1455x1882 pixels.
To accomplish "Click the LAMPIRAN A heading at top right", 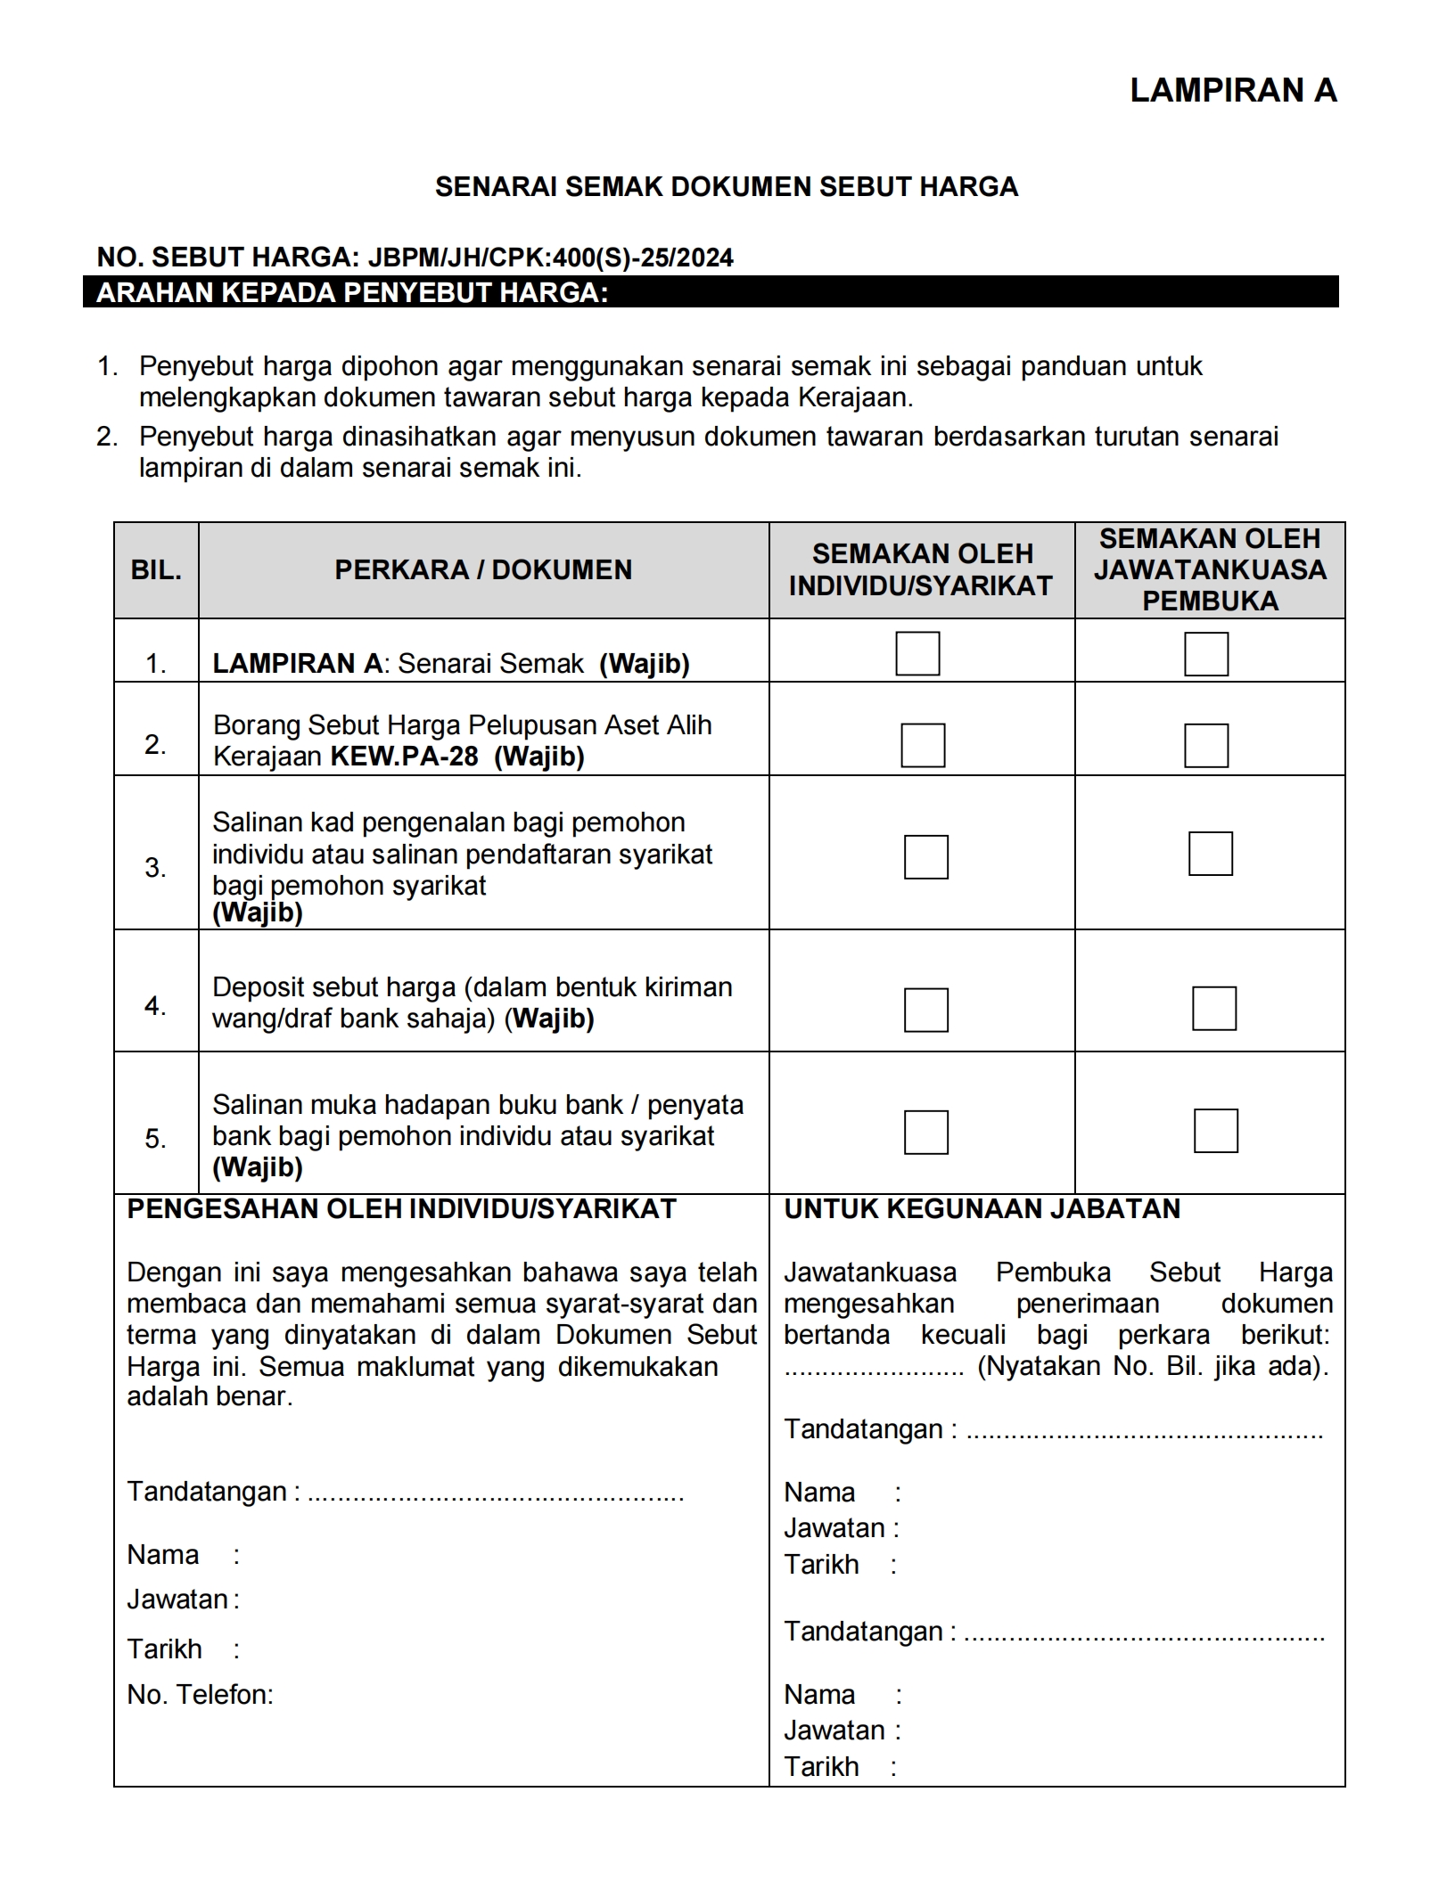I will tap(1233, 91).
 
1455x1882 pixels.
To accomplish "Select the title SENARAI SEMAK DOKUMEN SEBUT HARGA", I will tap(726, 187).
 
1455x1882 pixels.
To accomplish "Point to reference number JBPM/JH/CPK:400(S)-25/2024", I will tap(550, 258).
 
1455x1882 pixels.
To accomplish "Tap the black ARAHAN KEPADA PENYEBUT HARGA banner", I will tap(710, 292).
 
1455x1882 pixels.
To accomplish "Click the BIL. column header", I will tap(156, 570).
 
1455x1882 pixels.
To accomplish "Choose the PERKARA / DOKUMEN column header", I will tap(483, 570).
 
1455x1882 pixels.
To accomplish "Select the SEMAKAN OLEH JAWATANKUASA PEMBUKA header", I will tap(1210, 570).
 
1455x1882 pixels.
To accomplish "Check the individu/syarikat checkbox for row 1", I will tap(917, 654).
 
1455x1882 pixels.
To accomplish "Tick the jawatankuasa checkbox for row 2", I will tap(1205, 746).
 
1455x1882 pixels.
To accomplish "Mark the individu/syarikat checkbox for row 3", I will tap(925, 857).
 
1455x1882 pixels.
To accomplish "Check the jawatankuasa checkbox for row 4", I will tap(1213, 1009).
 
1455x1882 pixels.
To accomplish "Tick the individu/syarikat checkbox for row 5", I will tap(925, 1133).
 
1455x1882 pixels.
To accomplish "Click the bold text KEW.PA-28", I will tap(405, 757).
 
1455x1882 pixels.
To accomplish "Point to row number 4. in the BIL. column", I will tap(155, 1006).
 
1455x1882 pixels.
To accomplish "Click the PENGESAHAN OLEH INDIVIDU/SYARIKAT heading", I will tap(401, 1209).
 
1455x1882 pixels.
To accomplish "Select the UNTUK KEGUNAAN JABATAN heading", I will tap(982, 1209).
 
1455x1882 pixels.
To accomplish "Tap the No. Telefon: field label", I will tap(200, 1695).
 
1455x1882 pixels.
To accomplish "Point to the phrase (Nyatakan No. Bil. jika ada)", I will tap(1153, 1367).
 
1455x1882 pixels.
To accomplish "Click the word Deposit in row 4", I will tap(259, 987).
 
